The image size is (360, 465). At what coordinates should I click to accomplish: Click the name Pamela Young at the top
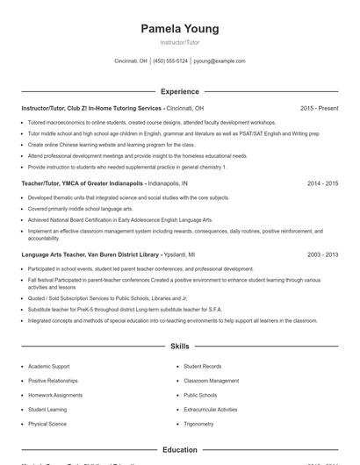[x=179, y=29]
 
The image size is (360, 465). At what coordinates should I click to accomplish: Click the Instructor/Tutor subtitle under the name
[x=179, y=42]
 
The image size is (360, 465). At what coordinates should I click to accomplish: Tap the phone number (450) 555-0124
[x=170, y=61]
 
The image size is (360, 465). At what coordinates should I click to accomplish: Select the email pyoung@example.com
[x=220, y=61]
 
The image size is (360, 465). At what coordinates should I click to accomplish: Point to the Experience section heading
[x=179, y=91]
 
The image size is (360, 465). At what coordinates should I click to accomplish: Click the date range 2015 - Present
[x=319, y=108]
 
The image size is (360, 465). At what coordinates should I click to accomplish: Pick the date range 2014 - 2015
[x=322, y=184]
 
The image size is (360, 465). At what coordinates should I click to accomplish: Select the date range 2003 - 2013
[x=322, y=254]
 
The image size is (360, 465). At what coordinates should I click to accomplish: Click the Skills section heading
[x=179, y=347]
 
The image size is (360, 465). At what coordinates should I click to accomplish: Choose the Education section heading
[x=179, y=450]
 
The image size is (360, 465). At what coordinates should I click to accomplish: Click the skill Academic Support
[x=48, y=366]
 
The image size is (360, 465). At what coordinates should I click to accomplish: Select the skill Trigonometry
[x=198, y=424]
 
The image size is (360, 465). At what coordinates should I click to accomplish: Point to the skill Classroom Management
[x=211, y=381]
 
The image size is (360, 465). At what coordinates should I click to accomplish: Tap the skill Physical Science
[x=47, y=424]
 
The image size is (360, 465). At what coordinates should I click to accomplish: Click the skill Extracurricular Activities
[x=211, y=410]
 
